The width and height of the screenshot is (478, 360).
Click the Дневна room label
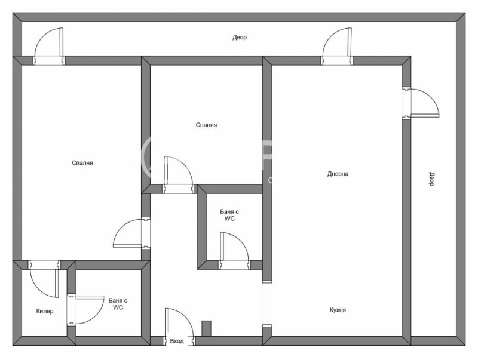click(338, 174)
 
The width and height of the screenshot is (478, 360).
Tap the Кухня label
click(338, 310)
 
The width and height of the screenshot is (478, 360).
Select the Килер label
click(45, 311)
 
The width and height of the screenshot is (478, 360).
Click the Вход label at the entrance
click(177, 341)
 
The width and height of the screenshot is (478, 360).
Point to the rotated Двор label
click(431, 179)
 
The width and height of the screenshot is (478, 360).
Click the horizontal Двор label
click(240, 38)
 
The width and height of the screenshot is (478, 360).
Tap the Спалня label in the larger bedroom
click(82, 162)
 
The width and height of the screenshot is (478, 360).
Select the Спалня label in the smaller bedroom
click(206, 125)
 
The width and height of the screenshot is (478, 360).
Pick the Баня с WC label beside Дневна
click(229, 215)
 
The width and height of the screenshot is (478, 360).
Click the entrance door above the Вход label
click(179, 325)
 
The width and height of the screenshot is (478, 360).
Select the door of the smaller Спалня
click(177, 173)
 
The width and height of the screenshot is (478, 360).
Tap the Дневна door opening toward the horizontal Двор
click(337, 45)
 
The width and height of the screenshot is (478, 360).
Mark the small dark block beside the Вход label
click(207, 329)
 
